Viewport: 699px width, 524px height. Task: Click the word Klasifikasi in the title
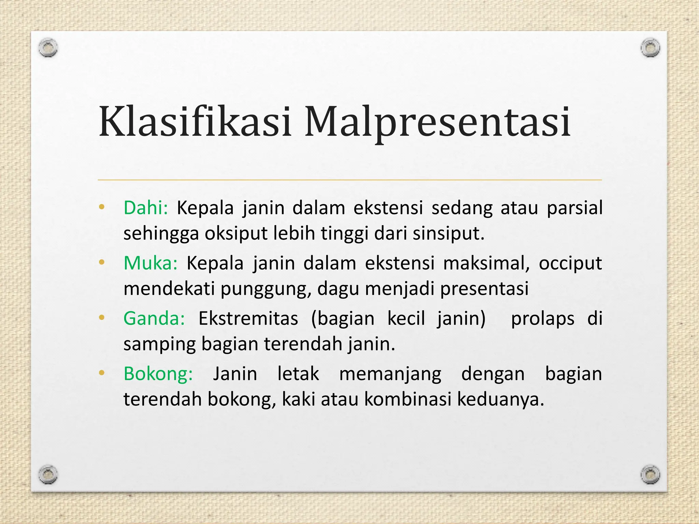coord(195,122)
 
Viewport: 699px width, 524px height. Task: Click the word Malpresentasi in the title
coord(438,122)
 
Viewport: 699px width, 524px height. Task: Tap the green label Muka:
coord(151,263)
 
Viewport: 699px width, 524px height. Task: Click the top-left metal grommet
coord(48,47)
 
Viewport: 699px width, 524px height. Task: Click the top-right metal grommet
coord(650,47)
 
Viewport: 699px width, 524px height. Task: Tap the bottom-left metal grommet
coord(48,474)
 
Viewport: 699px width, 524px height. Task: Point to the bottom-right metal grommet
coord(650,474)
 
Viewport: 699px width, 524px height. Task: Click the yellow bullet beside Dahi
coord(101,207)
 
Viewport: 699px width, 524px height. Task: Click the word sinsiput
coord(448,234)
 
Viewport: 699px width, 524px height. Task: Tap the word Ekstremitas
coord(248,318)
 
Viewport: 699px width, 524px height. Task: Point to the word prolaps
coord(542,319)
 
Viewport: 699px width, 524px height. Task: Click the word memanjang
coord(390,374)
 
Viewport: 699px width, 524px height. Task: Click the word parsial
coord(574,208)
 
